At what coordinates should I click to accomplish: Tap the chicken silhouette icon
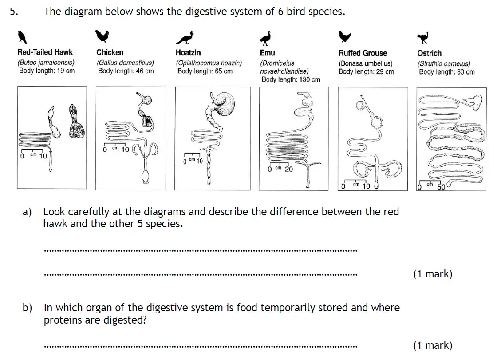click(102, 36)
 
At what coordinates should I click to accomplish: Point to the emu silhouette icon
click(266, 39)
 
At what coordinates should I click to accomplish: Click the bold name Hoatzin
click(188, 53)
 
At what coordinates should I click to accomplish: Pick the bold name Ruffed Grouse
click(363, 53)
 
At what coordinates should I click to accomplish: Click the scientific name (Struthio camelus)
click(443, 64)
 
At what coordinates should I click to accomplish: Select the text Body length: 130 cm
click(291, 79)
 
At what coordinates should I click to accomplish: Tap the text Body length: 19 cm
click(47, 71)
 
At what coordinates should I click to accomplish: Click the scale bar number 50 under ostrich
click(442, 186)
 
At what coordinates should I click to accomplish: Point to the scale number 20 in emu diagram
click(288, 169)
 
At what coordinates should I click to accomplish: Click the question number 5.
click(14, 12)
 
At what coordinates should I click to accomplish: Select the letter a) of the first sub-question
click(27, 212)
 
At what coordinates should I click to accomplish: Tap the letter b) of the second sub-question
click(27, 308)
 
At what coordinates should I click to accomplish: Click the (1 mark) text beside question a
click(433, 274)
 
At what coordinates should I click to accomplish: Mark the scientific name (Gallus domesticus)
click(125, 63)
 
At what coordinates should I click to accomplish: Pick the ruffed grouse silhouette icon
click(345, 37)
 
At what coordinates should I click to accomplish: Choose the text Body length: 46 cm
click(126, 71)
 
